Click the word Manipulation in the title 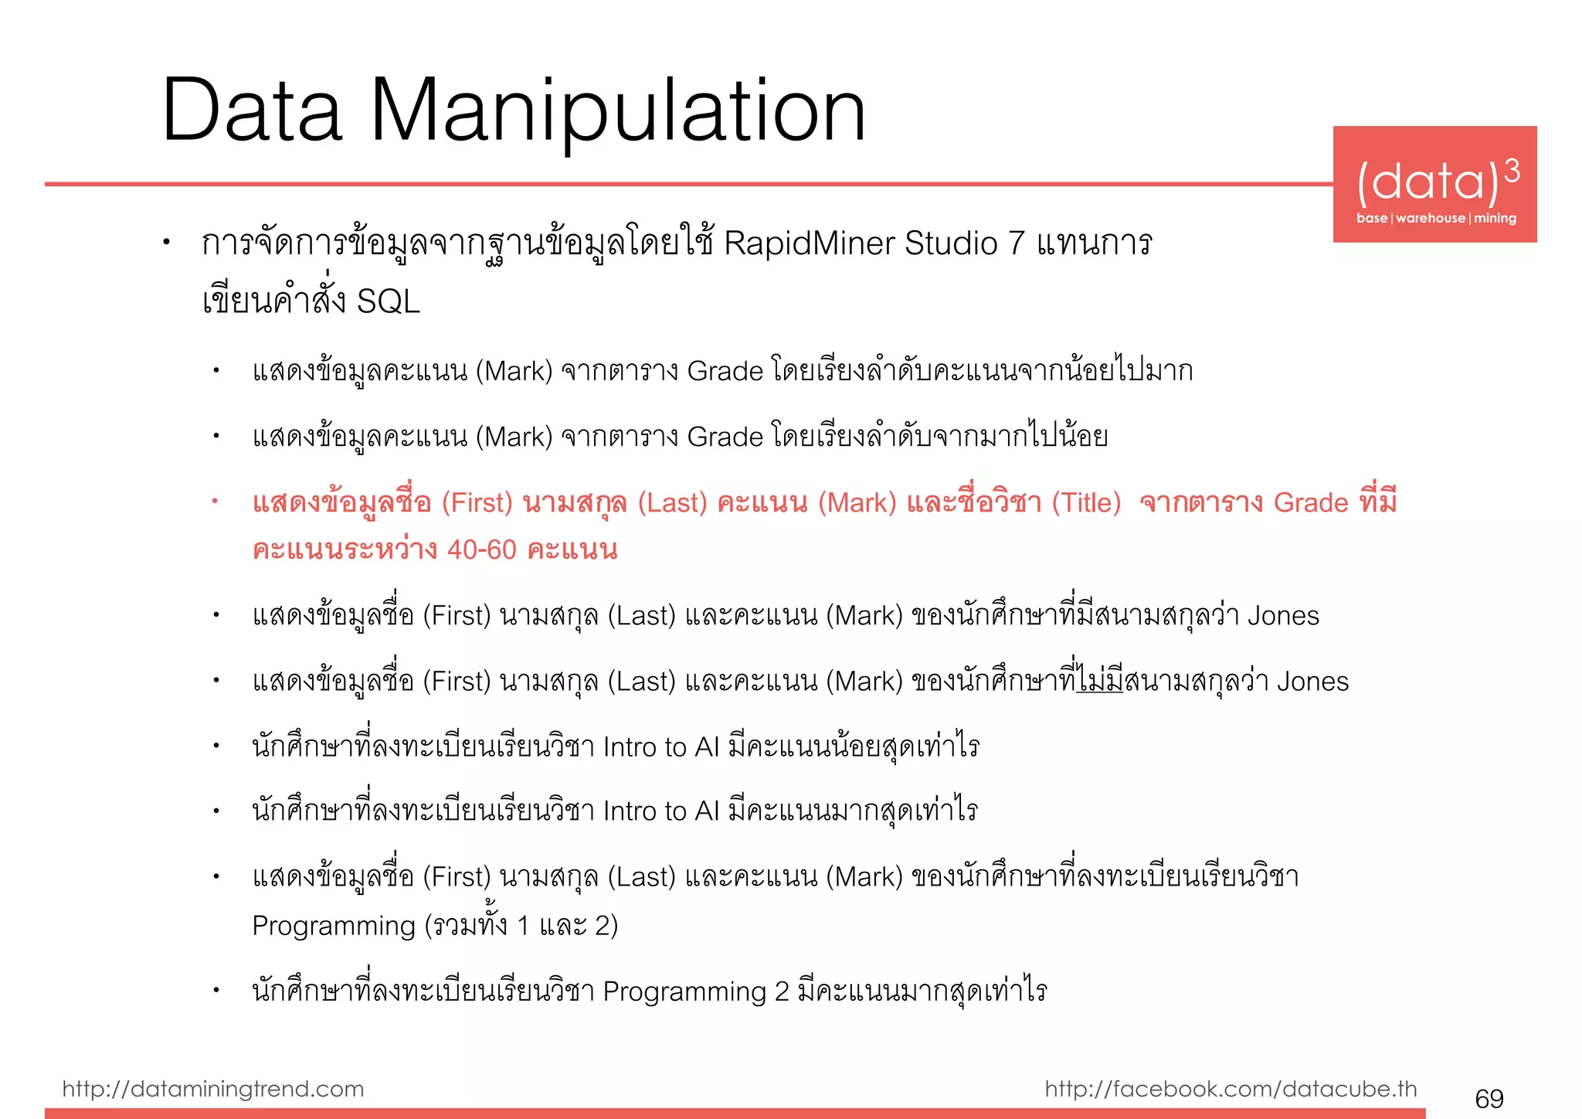[x=618, y=112]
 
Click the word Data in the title [x=252, y=112]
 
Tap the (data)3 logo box [x=1434, y=184]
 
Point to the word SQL [x=389, y=301]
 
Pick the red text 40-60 [x=481, y=549]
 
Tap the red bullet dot [x=216, y=502]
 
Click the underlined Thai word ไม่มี [x=1100, y=682]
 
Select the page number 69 [x=1489, y=1098]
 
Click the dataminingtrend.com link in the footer [x=213, y=1089]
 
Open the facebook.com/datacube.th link [x=1231, y=1089]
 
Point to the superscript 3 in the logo [x=1512, y=171]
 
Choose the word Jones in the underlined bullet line [x=1312, y=682]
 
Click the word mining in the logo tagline [x=1495, y=218]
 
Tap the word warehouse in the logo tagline [x=1431, y=218]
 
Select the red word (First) [x=477, y=503]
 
